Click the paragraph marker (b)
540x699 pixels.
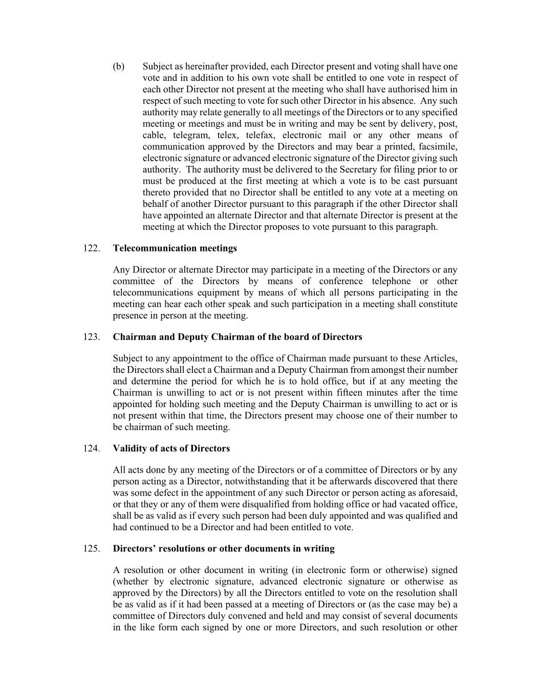coord(118,67)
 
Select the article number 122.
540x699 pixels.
coord(91,248)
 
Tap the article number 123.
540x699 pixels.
coord(91,337)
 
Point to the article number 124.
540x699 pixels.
coord(91,449)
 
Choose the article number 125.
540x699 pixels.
coord(91,549)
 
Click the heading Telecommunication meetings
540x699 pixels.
coord(175,248)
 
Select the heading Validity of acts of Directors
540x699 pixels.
coord(171,449)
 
